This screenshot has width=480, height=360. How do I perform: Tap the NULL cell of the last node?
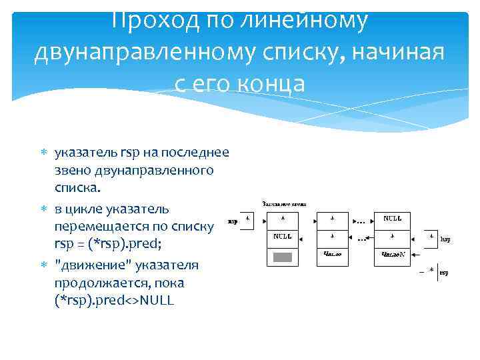[391, 219]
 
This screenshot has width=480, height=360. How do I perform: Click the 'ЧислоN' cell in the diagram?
[391, 254]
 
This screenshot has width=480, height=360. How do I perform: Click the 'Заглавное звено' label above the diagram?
[283, 203]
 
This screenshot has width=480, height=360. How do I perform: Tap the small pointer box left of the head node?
[247, 221]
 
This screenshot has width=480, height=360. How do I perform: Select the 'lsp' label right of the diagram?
[445, 238]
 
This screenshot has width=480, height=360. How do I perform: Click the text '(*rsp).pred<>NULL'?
[114, 301]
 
